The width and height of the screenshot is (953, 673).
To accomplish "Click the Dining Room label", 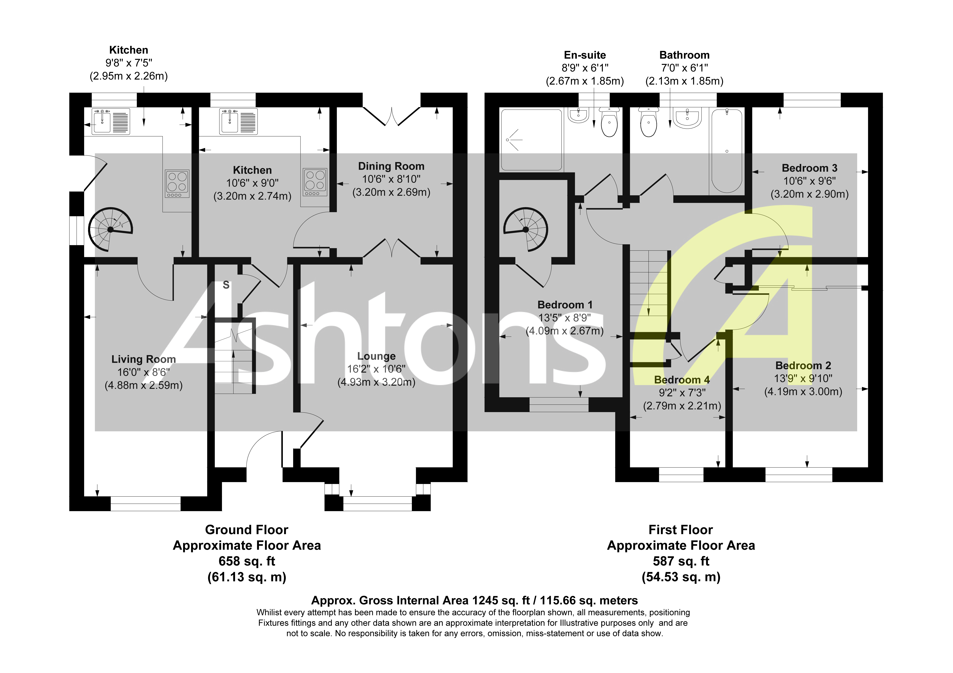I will point(391,166).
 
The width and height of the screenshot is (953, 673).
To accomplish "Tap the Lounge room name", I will point(376,356).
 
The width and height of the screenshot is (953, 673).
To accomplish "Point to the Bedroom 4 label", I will point(681,380).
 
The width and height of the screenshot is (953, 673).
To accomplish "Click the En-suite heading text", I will point(584,55).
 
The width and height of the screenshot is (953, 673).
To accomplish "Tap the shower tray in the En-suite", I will point(532,140).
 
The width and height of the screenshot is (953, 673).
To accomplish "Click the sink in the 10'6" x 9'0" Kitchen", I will point(238,121).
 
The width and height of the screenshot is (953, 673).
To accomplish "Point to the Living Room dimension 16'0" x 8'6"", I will point(144,372).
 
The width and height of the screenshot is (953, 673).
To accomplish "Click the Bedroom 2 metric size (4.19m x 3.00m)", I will point(803,392).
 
